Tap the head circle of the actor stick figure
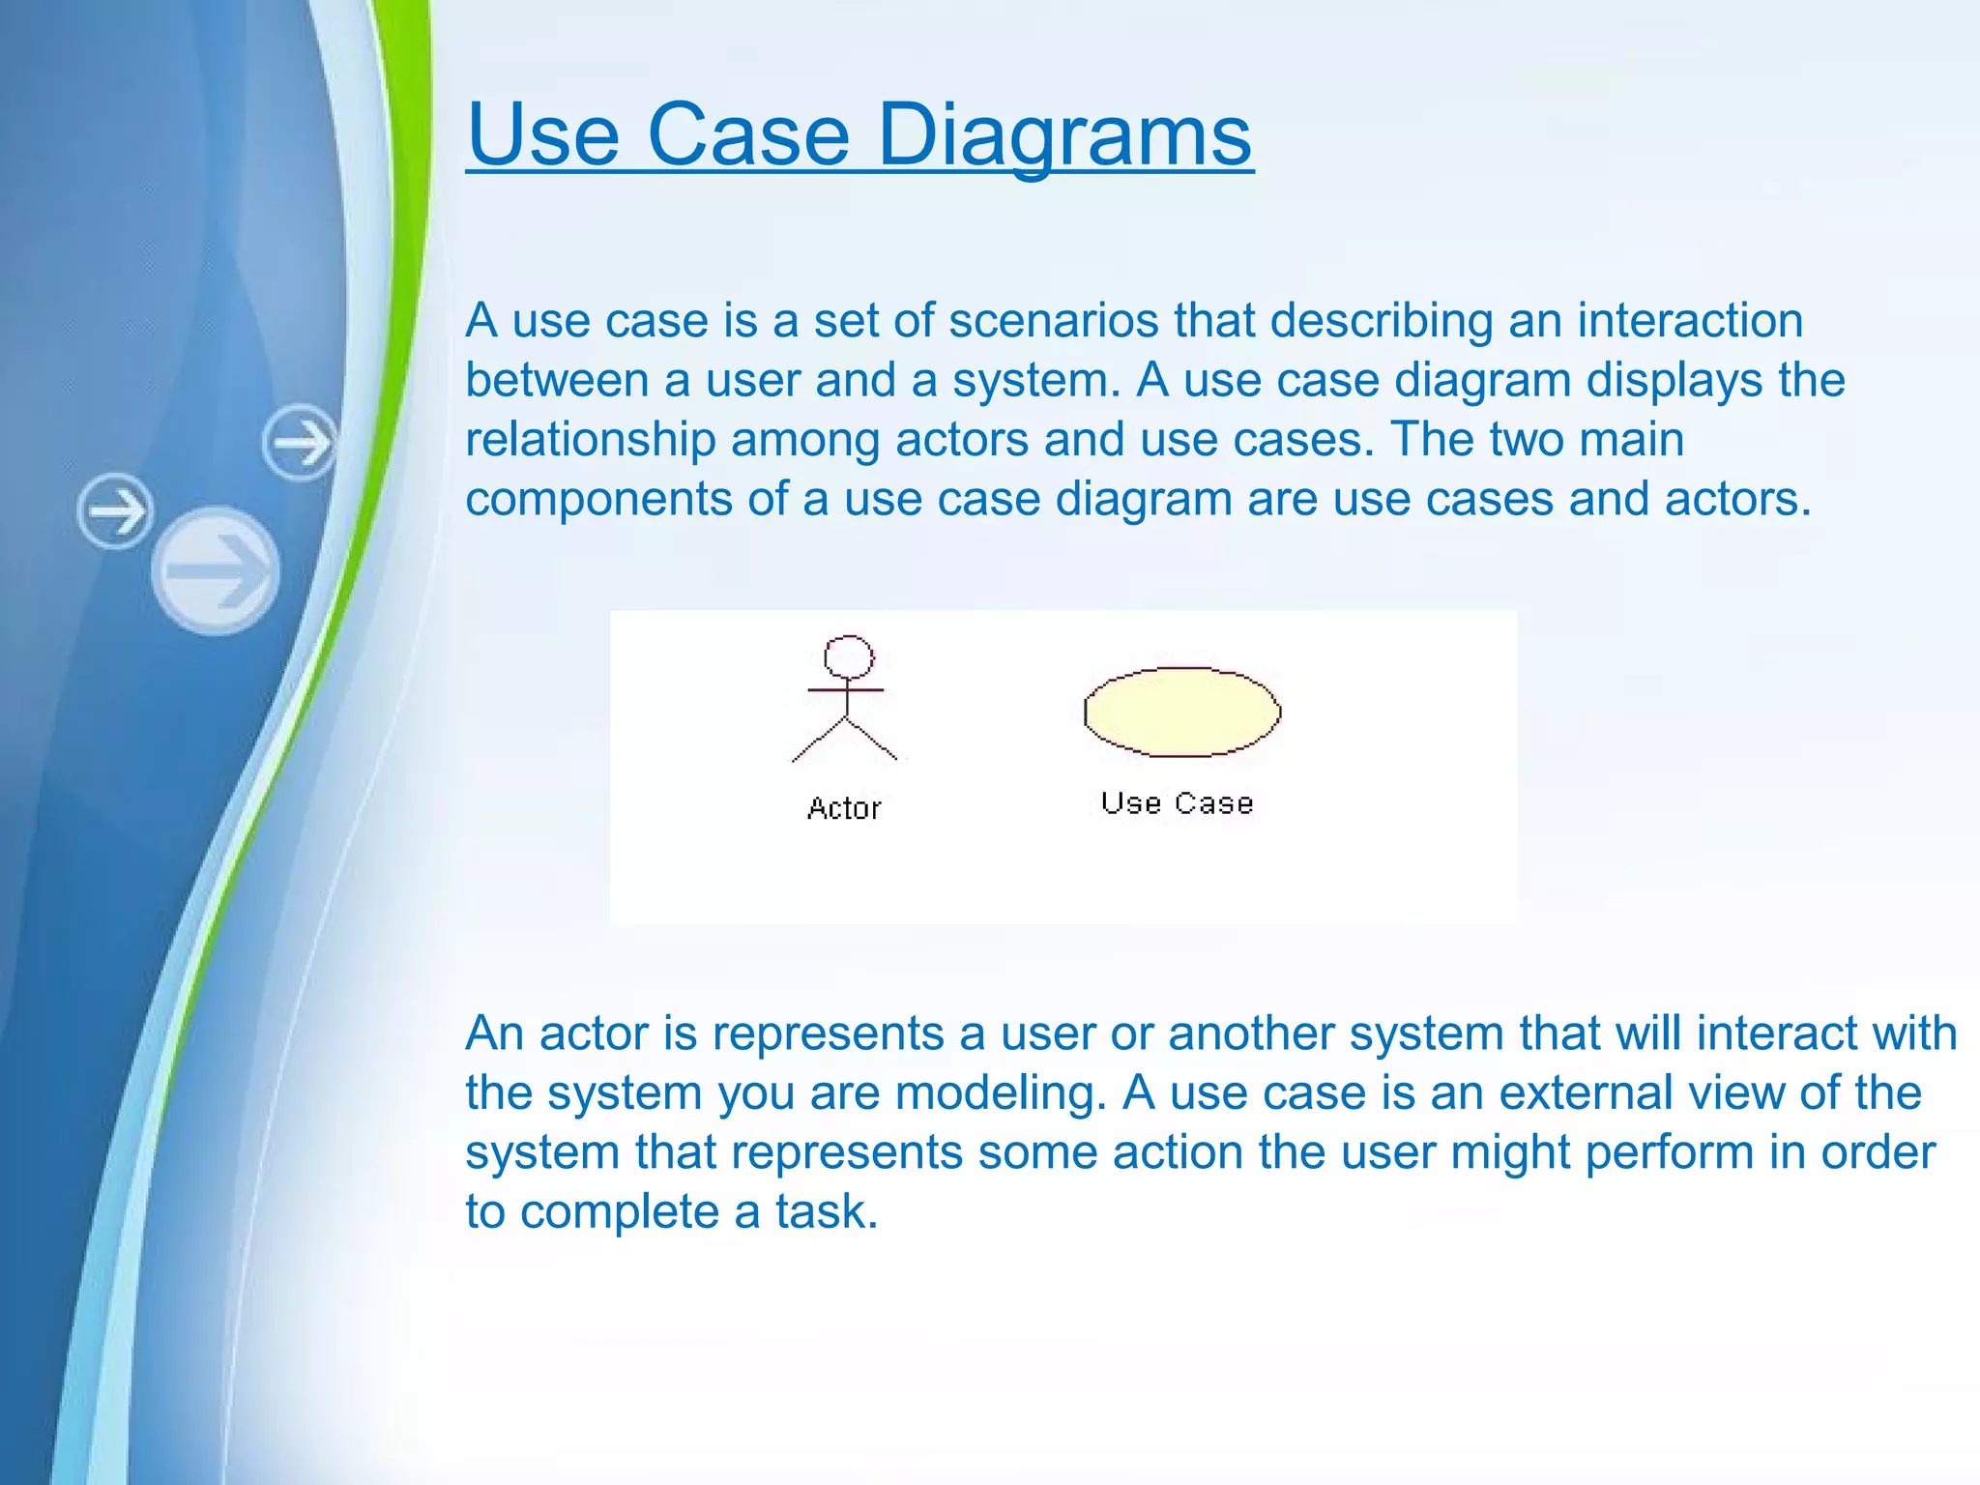pyautogui.click(x=849, y=656)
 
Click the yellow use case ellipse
pyautogui.click(x=1181, y=712)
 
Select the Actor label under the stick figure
pyautogui.click(x=844, y=808)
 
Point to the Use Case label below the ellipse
pyautogui.click(x=1177, y=803)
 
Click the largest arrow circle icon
pyautogui.click(x=216, y=570)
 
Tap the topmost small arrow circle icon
pyautogui.click(x=301, y=443)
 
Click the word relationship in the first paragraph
pyautogui.click(x=590, y=440)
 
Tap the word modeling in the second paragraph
pyautogui.click(x=1001, y=1093)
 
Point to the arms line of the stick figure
pyautogui.click(x=846, y=689)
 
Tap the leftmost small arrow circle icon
pyautogui.click(x=115, y=510)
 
